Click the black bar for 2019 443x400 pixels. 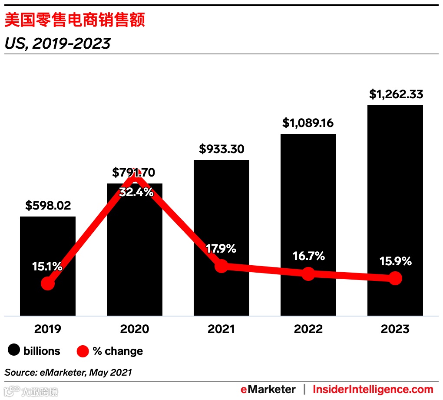click(48, 243)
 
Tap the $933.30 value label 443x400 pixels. click(221, 149)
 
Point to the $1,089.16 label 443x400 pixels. click(308, 123)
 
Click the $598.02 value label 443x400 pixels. click(48, 206)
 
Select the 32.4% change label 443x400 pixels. click(136, 192)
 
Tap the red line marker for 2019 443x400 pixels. click(48, 283)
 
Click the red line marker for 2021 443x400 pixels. click(221, 266)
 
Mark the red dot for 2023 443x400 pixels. click(395, 278)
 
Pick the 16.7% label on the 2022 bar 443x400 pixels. click(308, 256)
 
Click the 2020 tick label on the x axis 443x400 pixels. click(135, 329)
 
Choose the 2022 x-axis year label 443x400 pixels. click(308, 329)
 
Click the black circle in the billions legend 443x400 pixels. click(14, 350)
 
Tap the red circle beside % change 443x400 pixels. click(83, 351)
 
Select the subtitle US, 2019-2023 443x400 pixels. click(57, 43)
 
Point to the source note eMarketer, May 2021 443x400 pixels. click(68, 372)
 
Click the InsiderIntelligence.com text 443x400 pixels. click(373, 389)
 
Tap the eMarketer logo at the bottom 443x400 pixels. click(268, 389)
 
